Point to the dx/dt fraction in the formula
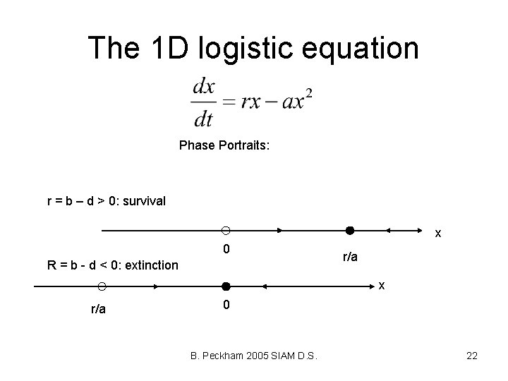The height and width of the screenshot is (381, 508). pyautogui.click(x=203, y=102)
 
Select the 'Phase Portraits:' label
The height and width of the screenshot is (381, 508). pyautogui.click(x=224, y=145)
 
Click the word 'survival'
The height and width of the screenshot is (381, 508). pyautogui.click(x=143, y=201)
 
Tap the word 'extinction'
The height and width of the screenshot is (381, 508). pyautogui.click(x=149, y=265)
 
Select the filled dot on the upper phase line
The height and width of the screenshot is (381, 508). pyautogui.click(x=349, y=231)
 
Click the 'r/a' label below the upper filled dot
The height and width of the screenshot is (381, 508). pyautogui.click(x=350, y=258)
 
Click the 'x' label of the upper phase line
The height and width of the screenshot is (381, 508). pyautogui.click(x=437, y=233)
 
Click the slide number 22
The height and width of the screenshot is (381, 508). pyautogui.click(x=472, y=356)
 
